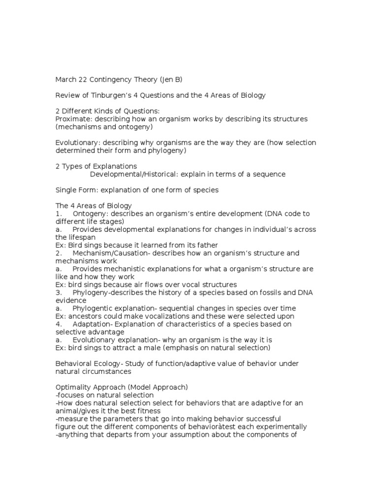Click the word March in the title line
pyautogui.click(x=66, y=79)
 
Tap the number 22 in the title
pyautogui.click(x=84, y=79)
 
